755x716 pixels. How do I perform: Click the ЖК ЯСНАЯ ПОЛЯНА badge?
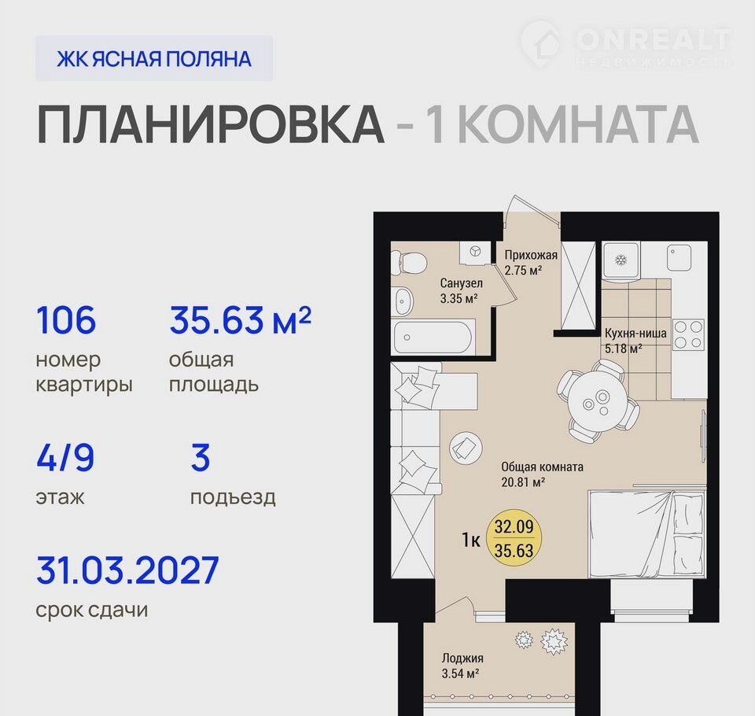tap(154, 58)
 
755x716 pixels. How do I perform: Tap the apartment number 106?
tap(66, 320)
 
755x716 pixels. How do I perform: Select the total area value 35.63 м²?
tap(241, 320)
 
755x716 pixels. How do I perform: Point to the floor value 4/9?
tap(65, 457)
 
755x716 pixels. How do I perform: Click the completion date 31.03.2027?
tap(127, 570)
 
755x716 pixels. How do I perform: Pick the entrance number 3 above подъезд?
tap(201, 457)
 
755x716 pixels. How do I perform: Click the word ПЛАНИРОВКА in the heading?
tap(211, 124)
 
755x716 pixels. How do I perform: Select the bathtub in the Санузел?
tap(433, 337)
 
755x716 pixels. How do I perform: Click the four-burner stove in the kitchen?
tap(688, 334)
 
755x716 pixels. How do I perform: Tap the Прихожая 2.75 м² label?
tap(531, 263)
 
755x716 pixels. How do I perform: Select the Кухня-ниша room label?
tap(635, 333)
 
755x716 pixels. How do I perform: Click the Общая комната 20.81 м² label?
tap(542, 474)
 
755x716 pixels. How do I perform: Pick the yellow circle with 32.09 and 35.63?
tap(514, 539)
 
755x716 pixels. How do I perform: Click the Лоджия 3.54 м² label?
tap(462, 666)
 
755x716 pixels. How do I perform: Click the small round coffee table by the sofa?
tap(466, 447)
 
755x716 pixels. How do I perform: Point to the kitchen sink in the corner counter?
tap(679, 257)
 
